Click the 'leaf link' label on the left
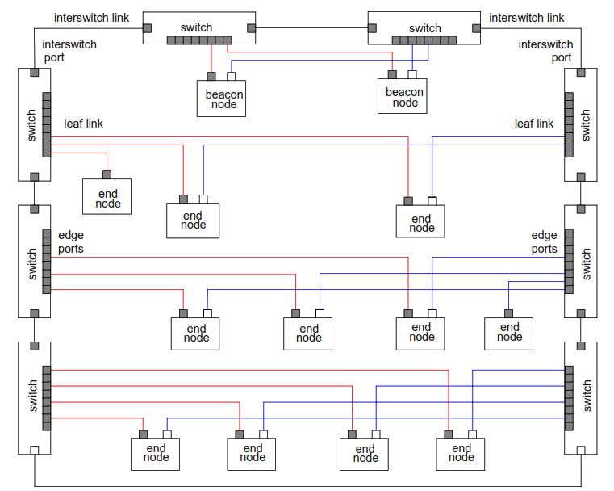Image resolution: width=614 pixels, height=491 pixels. [83, 124]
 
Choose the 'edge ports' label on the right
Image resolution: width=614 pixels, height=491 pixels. [544, 242]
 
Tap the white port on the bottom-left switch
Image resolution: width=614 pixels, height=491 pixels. [34, 450]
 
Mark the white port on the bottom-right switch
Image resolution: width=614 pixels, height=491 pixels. [579, 450]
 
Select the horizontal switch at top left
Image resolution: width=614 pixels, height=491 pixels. [198, 27]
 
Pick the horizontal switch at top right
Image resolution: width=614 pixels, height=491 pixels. [424, 27]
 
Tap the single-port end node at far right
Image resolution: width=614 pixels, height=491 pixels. [509, 333]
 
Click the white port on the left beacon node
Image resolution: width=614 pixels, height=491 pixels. [232, 77]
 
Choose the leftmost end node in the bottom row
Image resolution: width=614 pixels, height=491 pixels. [156, 454]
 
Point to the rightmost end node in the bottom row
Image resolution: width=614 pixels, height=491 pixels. [461, 454]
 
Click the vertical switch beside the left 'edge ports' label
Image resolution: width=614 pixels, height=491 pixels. [34, 262]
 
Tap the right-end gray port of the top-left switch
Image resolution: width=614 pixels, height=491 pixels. [252, 28]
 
